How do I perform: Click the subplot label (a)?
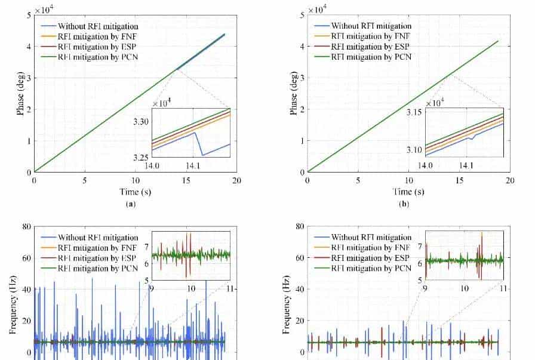click(136, 202)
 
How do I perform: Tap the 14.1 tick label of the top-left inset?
click(193, 166)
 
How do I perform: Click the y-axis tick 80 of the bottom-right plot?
click(300, 227)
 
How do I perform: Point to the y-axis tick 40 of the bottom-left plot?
click(26, 289)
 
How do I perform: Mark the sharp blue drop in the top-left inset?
click(201, 146)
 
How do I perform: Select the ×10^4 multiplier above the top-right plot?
click(318, 9)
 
